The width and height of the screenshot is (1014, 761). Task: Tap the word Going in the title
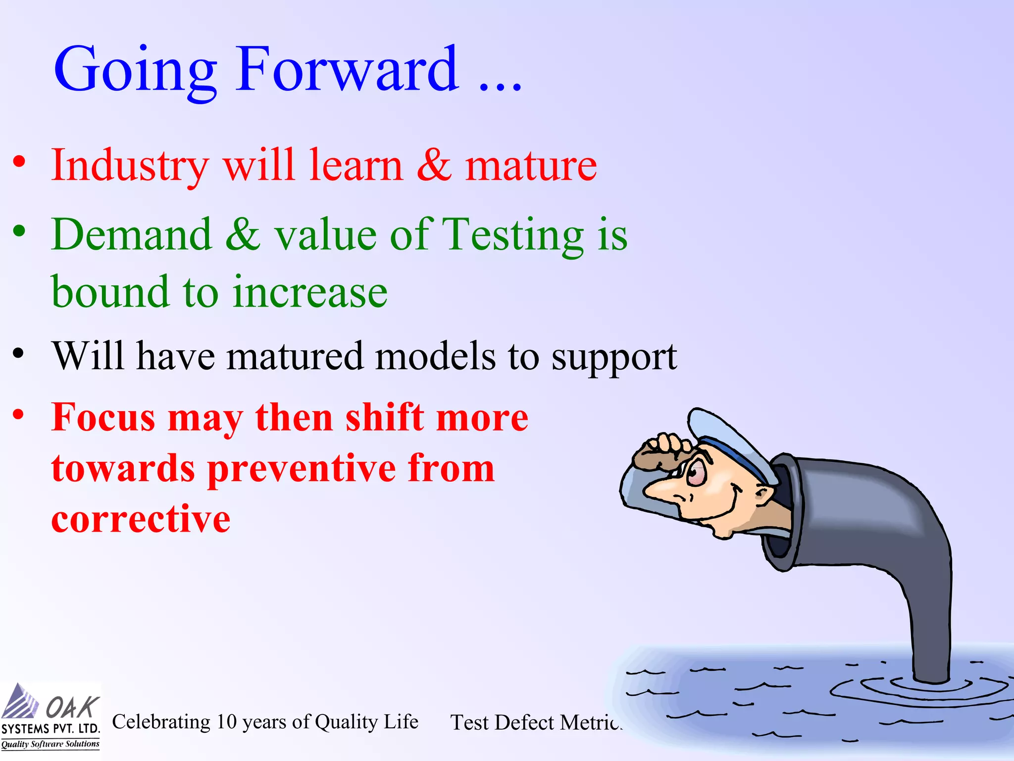[135, 70]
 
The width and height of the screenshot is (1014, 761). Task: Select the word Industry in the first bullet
[130, 166]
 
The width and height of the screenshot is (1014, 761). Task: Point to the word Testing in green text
[512, 235]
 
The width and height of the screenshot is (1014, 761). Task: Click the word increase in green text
[310, 292]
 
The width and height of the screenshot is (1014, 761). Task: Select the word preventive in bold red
[302, 469]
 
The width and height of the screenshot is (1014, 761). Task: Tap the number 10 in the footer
[226, 722]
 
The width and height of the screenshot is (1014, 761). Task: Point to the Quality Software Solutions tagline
[50, 744]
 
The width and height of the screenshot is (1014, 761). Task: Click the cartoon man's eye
[696, 472]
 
